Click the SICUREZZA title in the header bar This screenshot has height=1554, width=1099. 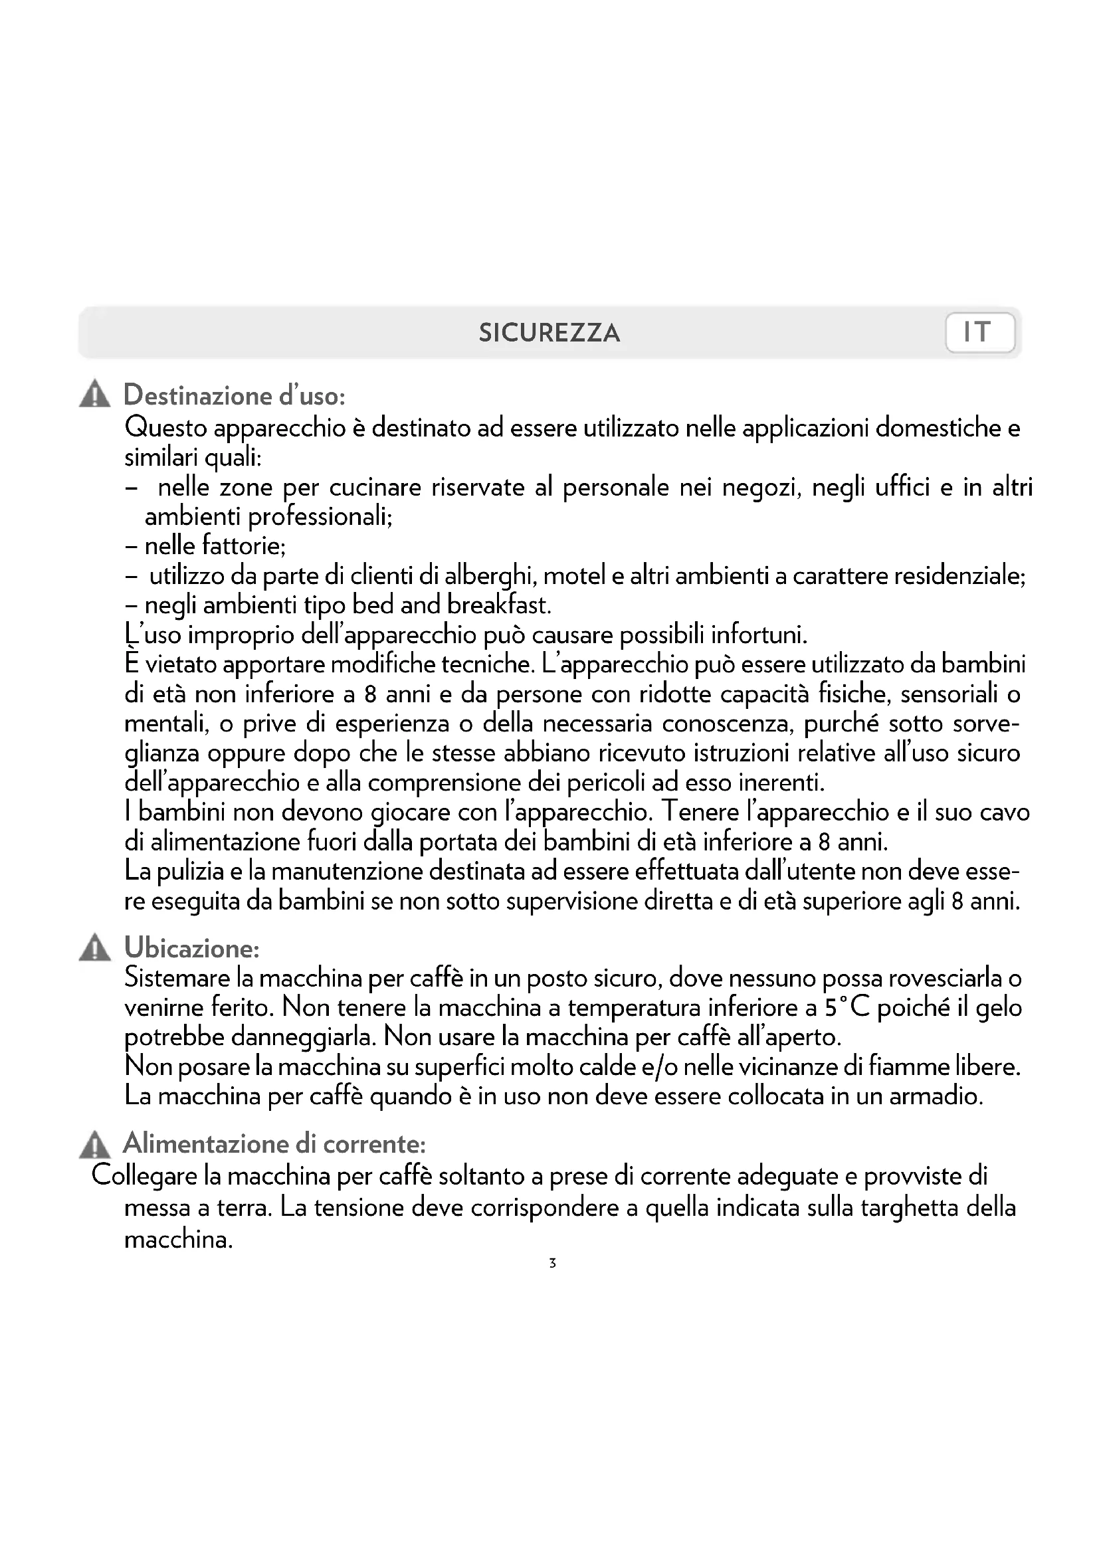(549, 332)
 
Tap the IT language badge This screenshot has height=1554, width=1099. (979, 332)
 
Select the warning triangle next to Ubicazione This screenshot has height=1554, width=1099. (95, 948)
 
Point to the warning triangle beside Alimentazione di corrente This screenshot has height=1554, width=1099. (95, 1144)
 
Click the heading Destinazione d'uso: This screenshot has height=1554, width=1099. (234, 395)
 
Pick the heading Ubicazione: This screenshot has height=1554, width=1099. (191, 948)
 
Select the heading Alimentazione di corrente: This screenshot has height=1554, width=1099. (274, 1144)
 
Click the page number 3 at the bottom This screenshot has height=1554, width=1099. (552, 1262)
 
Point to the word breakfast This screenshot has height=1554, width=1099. (499, 605)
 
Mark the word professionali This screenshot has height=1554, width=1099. (320, 517)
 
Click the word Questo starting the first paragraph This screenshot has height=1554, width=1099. (166, 428)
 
